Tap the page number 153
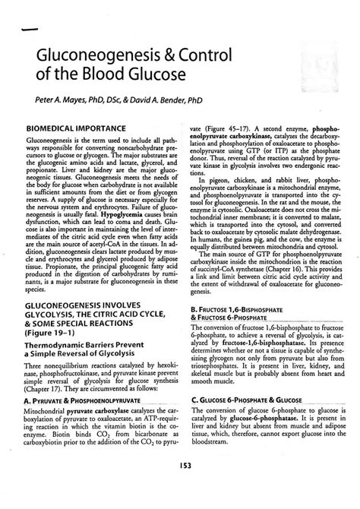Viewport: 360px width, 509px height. click(179, 487)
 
